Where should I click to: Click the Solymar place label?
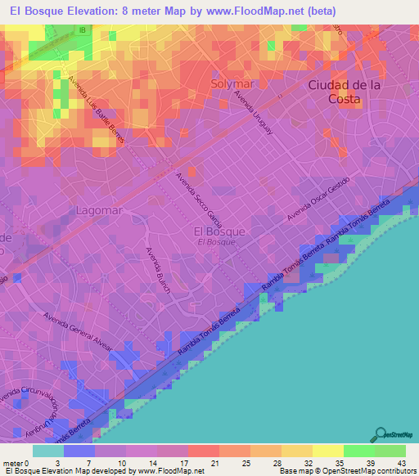(232, 84)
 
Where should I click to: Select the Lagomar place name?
(98, 210)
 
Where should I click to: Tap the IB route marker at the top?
(82, 30)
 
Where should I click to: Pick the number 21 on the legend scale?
(192, 464)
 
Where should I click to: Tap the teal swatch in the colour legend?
(48, 451)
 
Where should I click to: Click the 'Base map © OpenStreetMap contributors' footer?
(347, 471)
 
